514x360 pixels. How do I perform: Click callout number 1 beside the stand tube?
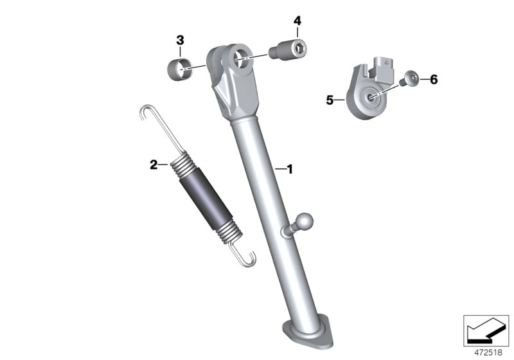[289, 170]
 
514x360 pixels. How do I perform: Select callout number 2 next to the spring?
[154, 165]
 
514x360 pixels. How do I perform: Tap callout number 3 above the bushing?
[180, 40]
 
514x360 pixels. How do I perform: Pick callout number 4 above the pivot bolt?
[297, 21]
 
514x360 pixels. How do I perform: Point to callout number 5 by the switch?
[330, 100]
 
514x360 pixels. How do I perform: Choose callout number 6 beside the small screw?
[433, 80]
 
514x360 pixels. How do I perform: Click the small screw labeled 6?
[409, 80]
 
